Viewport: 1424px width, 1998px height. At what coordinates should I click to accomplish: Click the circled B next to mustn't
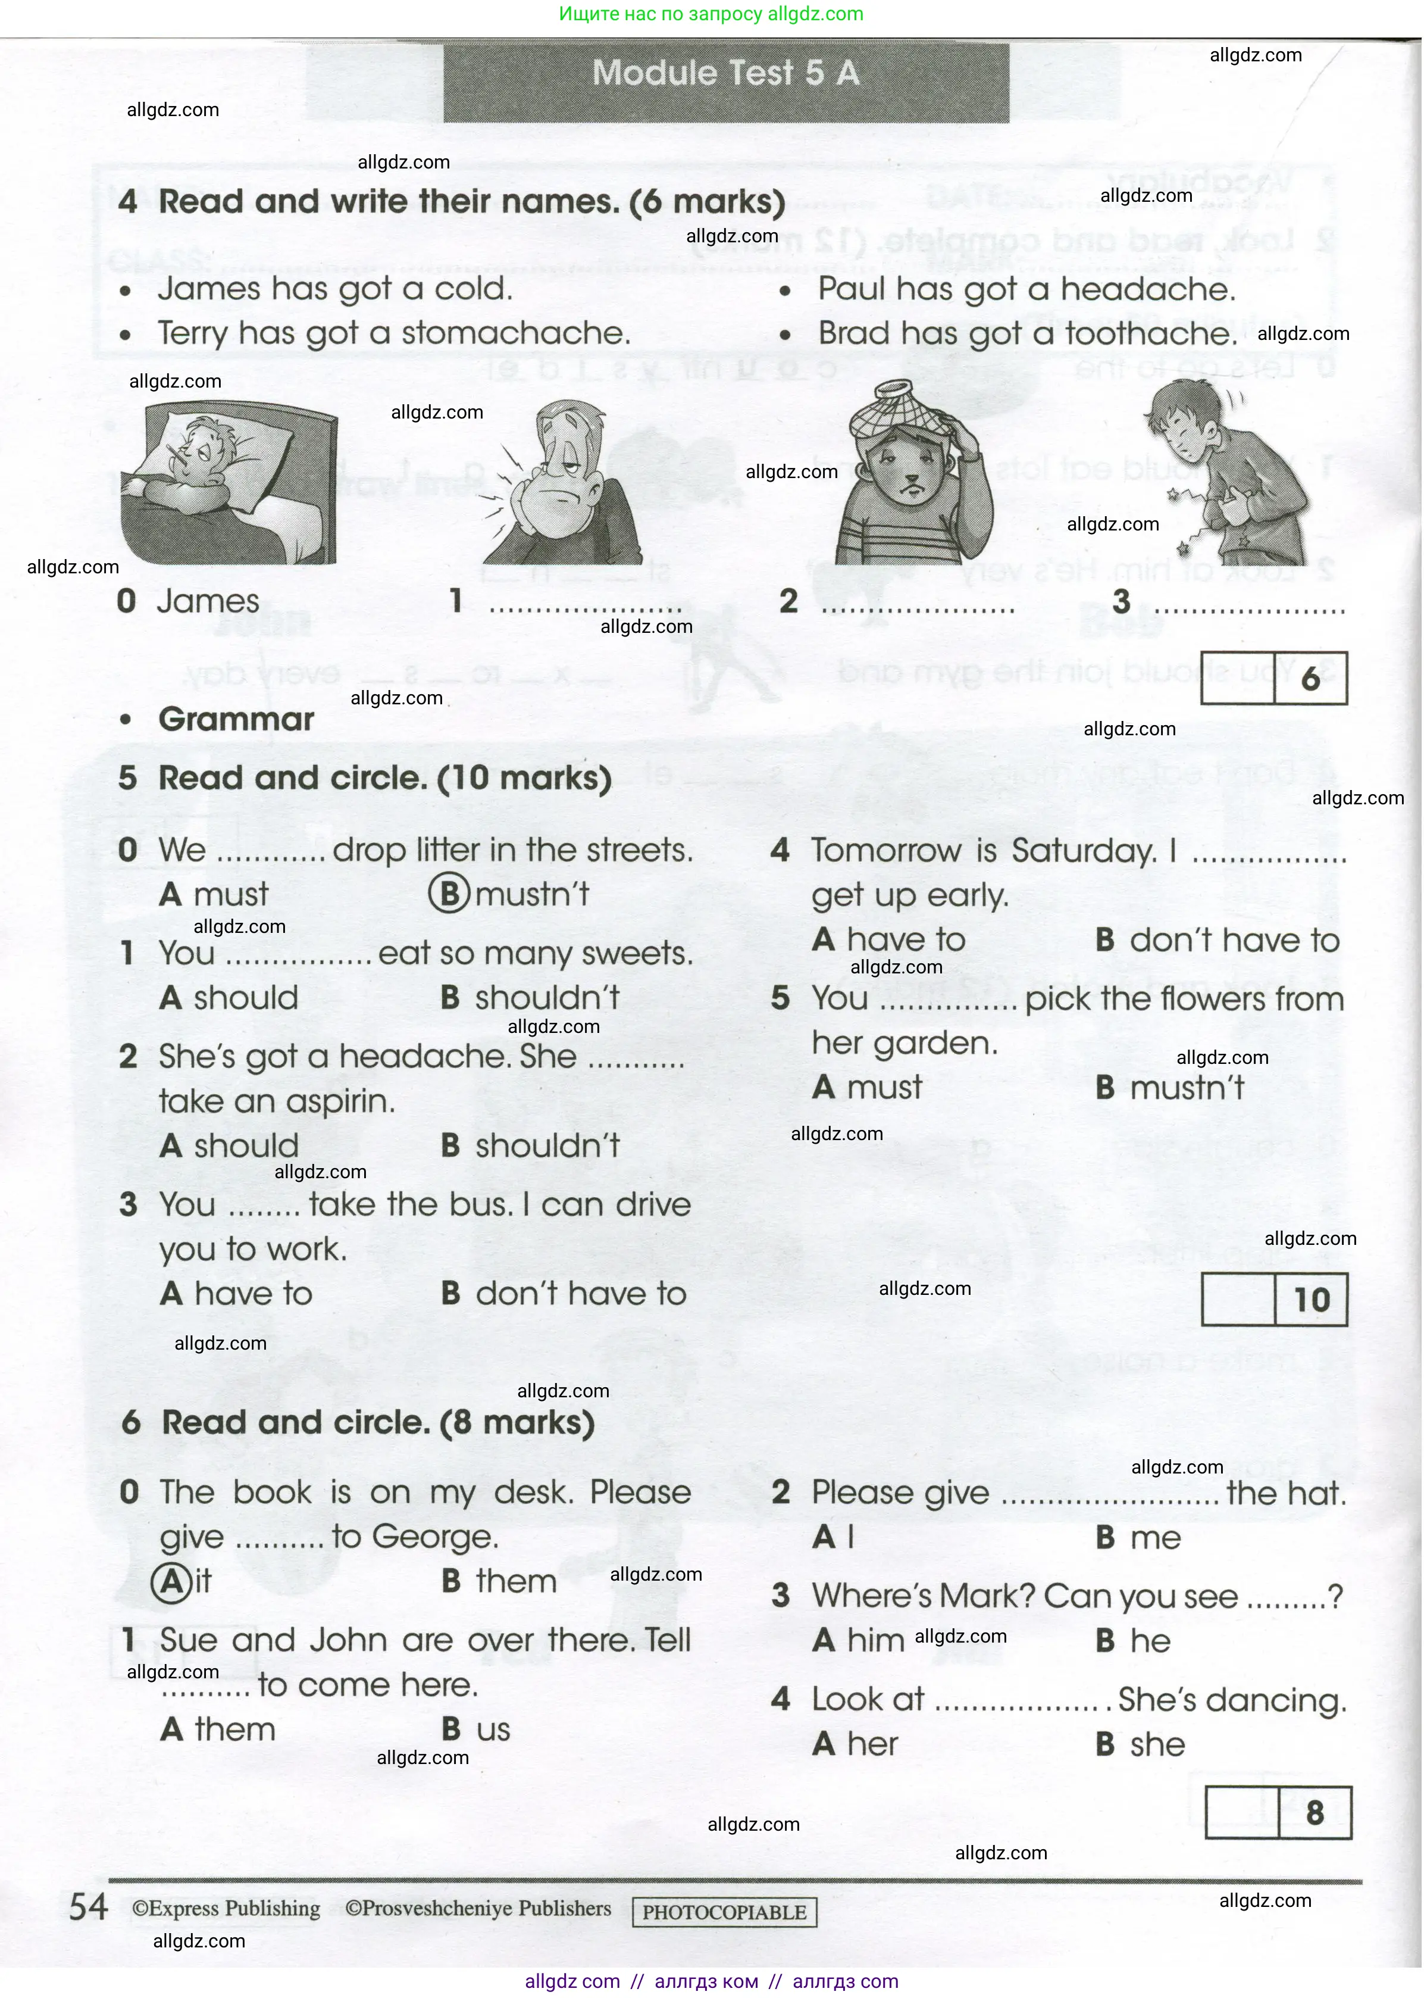449,894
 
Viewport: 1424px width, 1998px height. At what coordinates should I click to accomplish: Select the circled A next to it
172,1581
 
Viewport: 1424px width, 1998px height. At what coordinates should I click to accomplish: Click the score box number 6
1310,678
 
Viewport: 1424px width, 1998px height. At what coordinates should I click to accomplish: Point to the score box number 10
1311,1300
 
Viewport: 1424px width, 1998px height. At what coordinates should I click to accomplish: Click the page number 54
89,1907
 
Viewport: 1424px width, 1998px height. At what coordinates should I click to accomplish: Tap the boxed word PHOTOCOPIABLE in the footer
724,1912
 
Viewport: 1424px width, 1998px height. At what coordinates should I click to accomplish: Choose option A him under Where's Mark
859,1641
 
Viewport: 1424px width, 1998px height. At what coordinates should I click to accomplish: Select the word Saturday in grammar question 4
1083,851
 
